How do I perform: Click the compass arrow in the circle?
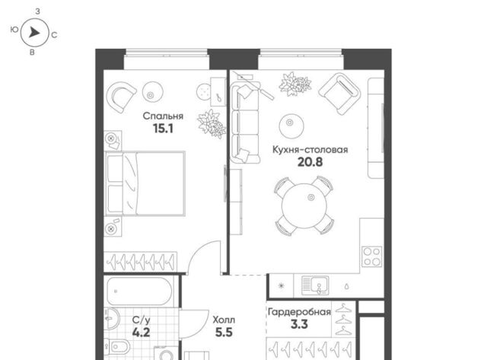pyautogui.click(x=34, y=32)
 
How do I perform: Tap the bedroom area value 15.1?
pyautogui.click(x=163, y=129)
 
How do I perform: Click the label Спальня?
pyautogui.click(x=163, y=116)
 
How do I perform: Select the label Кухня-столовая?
pyautogui.click(x=310, y=150)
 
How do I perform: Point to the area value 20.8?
pyautogui.click(x=310, y=162)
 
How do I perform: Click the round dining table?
pyautogui.click(x=304, y=206)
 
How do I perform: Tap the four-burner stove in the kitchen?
pyautogui.click(x=372, y=256)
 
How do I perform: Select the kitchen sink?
pyautogui.click(x=315, y=285)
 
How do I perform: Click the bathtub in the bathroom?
pyautogui.click(x=139, y=291)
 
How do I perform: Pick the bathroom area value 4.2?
pyautogui.click(x=141, y=333)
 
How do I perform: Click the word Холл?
pyautogui.click(x=224, y=320)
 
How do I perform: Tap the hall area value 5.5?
pyautogui.click(x=224, y=333)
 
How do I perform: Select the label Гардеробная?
pyautogui.click(x=299, y=312)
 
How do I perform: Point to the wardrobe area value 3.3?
pyautogui.click(x=299, y=324)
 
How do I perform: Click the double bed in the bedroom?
pyautogui.click(x=145, y=183)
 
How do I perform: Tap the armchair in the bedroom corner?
pyautogui.click(x=121, y=97)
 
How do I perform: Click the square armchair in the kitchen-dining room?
pyautogui.click(x=339, y=94)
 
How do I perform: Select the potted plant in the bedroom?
pyautogui.click(x=212, y=124)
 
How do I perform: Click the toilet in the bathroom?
pyautogui.click(x=118, y=346)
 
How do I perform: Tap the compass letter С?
pyautogui.click(x=54, y=35)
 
